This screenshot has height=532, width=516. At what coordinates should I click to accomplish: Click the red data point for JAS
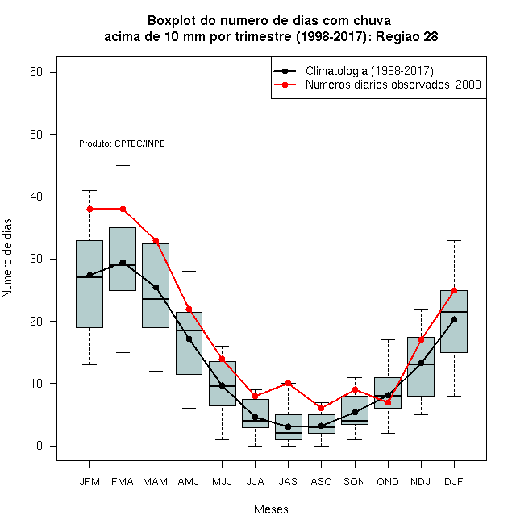click(288, 384)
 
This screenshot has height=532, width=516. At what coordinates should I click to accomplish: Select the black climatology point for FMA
click(123, 262)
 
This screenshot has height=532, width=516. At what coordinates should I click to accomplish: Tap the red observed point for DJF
click(454, 290)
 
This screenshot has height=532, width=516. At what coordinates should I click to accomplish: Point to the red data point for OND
click(388, 402)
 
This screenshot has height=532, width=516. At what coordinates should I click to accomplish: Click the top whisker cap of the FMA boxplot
click(123, 165)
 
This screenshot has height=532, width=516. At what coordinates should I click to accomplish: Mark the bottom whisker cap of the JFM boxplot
click(89, 364)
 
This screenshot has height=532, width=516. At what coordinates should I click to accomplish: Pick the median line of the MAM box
click(156, 299)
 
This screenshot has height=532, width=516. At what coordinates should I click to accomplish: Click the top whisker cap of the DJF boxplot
click(454, 240)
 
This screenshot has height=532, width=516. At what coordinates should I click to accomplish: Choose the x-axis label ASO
click(321, 482)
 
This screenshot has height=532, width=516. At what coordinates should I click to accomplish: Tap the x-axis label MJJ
click(222, 482)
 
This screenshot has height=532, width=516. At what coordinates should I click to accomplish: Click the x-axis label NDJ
click(421, 482)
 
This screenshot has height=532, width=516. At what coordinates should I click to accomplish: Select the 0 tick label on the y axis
click(40, 446)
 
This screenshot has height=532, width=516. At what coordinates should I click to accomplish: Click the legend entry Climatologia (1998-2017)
click(369, 71)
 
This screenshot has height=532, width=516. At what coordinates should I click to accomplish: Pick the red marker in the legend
click(285, 85)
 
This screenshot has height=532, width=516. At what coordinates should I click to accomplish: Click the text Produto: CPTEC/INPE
click(122, 143)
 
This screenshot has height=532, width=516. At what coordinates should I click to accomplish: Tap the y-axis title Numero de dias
click(7, 259)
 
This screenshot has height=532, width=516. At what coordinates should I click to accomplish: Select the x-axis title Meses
click(271, 509)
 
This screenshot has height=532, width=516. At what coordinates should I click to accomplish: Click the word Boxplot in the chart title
click(172, 21)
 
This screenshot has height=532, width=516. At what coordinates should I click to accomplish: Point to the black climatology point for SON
click(355, 412)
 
